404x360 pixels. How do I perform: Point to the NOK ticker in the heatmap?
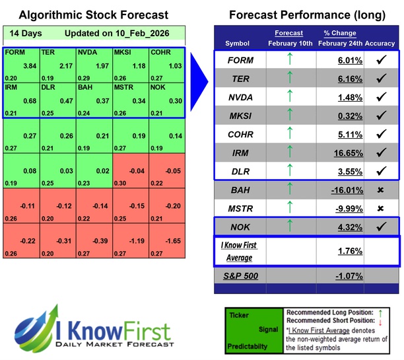tap(159, 87)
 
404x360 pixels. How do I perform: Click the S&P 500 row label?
tap(242, 273)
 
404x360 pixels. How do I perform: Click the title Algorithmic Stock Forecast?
tap(92, 15)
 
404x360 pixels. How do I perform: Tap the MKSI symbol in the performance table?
tap(242, 116)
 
